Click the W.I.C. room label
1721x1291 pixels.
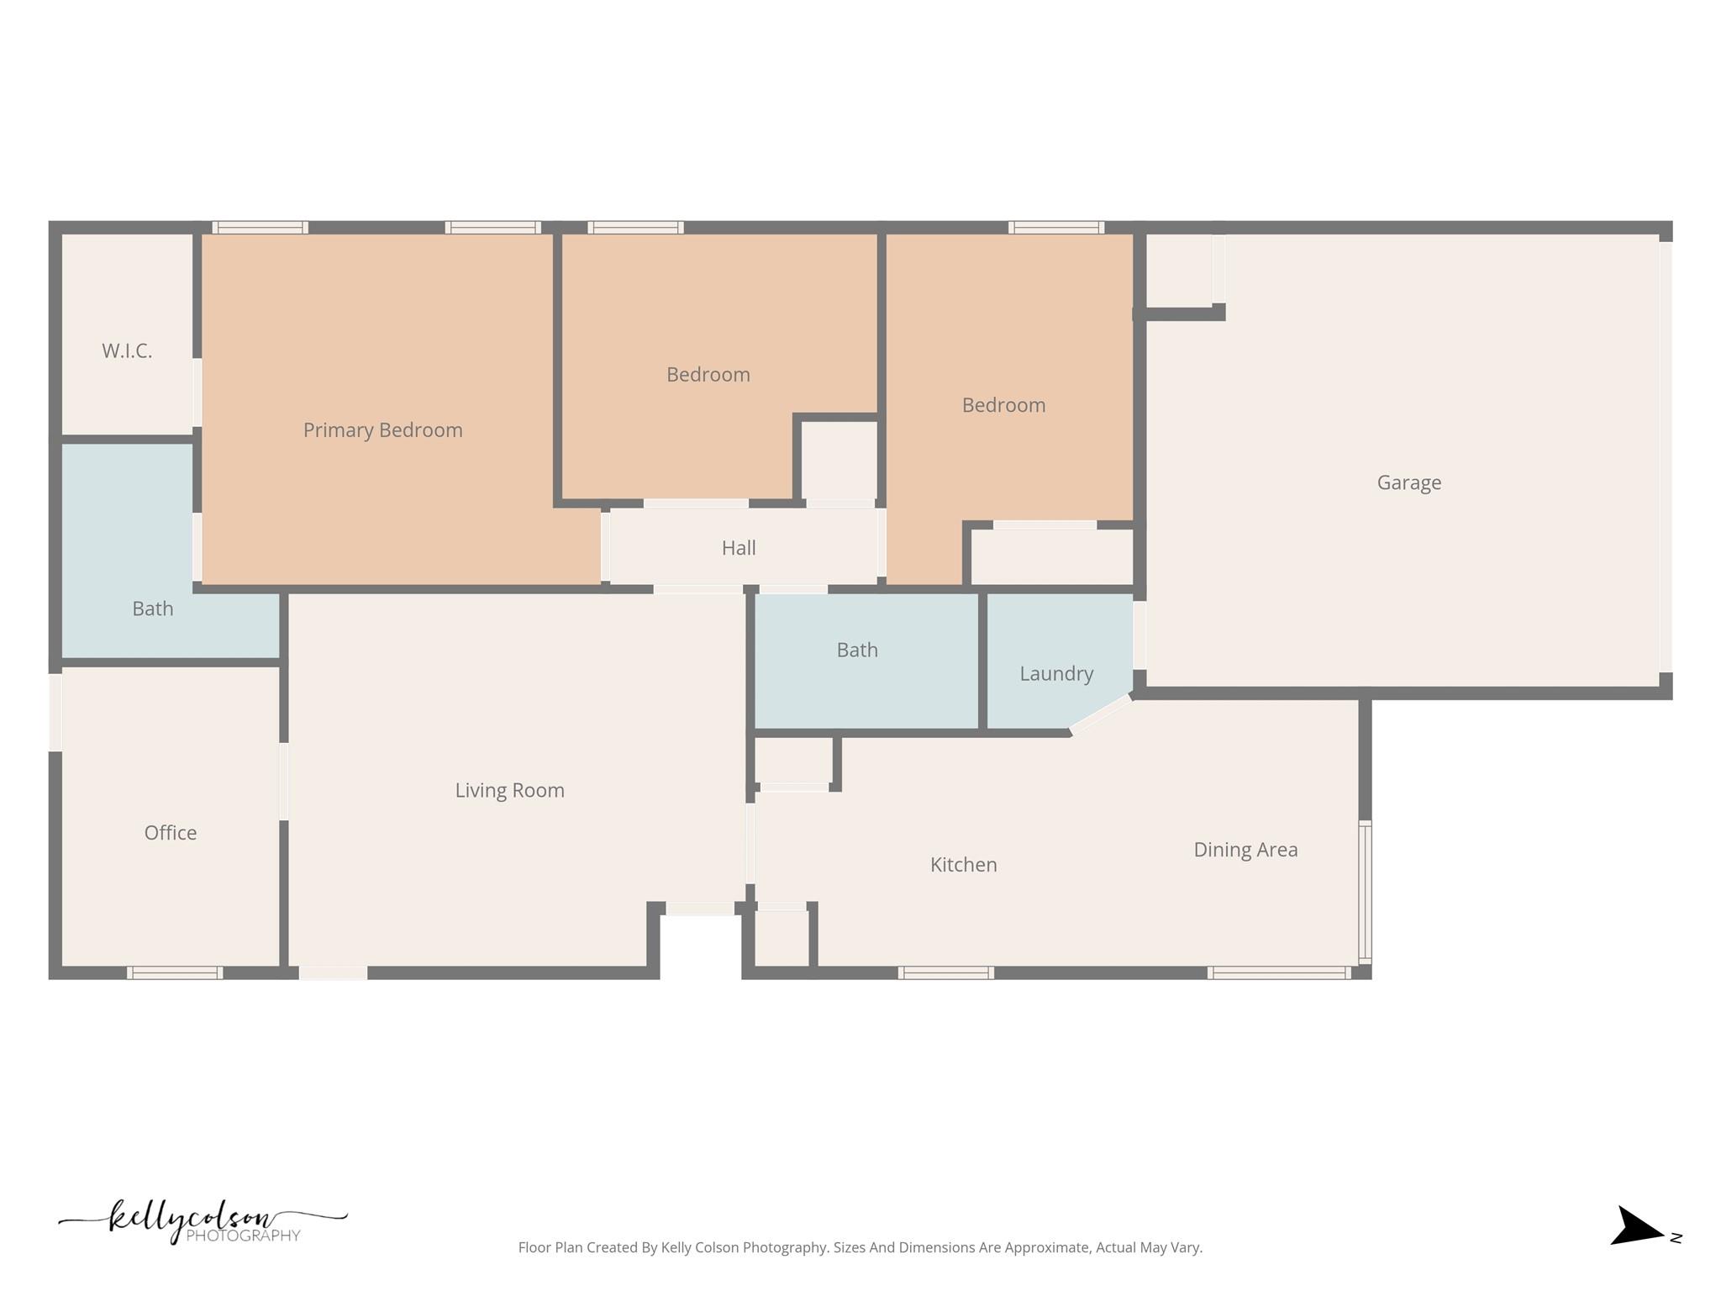pyautogui.click(x=127, y=351)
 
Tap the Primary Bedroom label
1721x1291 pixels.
pyautogui.click(x=382, y=430)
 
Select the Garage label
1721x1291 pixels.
pyautogui.click(x=1408, y=482)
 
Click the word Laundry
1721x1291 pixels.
pyautogui.click(x=1055, y=673)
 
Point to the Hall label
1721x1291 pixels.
pyautogui.click(x=739, y=548)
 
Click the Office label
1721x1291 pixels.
pyautogui.click(x=171, y=833)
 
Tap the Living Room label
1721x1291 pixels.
pyautogui.click(x=509, y=790)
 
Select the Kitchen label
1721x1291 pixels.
pyautogui.click(x=963, y=865)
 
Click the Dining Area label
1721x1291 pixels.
pyautogui.click(x=1245, y=850)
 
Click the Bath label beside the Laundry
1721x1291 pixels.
pyautogui.click(x=856, y=650)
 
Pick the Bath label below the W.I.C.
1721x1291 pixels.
pyautogui.click(x=153, y=609)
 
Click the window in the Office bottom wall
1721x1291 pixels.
pyautogui.click(x=175, y=972)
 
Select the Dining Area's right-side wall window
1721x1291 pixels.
pyautogui.click(x=1365, y=892)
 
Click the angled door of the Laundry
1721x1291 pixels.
pyautogui.click(x=1101, y=714)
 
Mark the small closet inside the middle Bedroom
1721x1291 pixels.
pyautogui.click(x=839, y=461)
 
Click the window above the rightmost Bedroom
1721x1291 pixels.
pyautogui.click(x=1055, y=228)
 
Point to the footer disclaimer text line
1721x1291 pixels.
pyautogui.click(x=860, y=1247)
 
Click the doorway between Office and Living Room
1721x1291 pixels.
pyautogui.click(x=284, y=782)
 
